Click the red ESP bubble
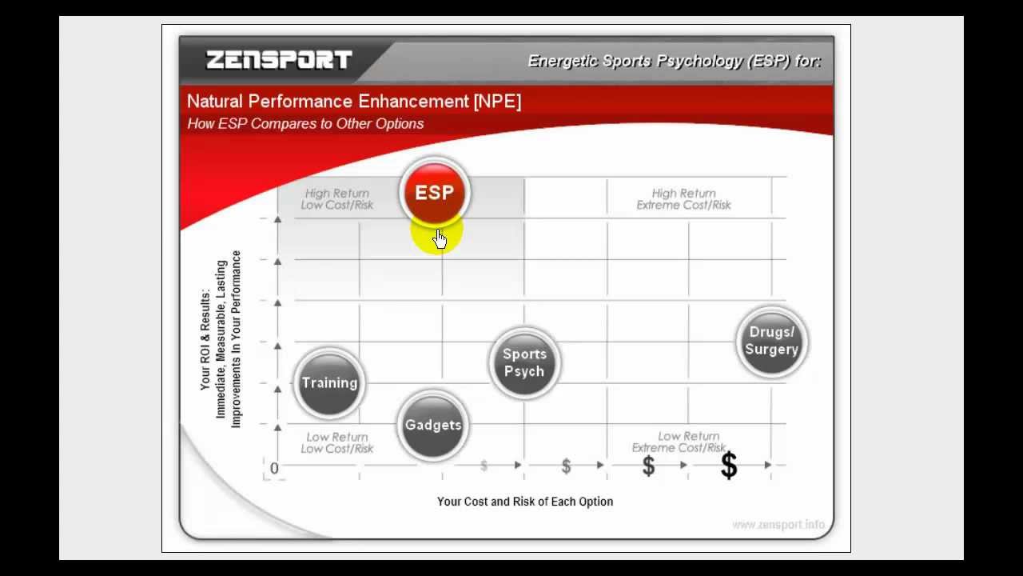pos(434,193)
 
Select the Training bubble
pos(329,383)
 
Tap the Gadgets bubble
pos(432,426)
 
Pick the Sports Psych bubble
pos(524,363)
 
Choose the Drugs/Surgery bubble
pos(771,342)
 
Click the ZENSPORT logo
pos(279,60)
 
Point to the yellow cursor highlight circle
pos(437,234)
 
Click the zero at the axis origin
pos(274,468)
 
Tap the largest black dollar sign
pos(729,466)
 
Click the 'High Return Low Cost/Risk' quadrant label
pos(337,199)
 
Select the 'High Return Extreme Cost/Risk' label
pos(683,199)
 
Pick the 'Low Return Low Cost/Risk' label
pos(337,442)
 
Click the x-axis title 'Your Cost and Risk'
pos(524,502)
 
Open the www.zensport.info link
pos(778,525)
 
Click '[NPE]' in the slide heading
pos(497,102)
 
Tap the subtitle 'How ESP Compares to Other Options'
pos(305,124)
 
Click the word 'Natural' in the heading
pos(214,102)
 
